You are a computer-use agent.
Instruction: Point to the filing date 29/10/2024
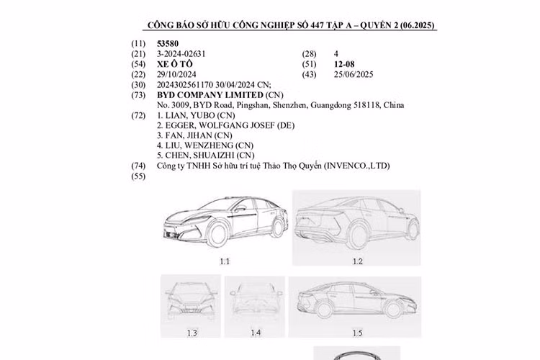(x=177, y=74)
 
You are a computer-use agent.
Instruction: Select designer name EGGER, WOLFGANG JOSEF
(x=217, y=125)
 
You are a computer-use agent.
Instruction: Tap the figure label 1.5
(x=357, y=333)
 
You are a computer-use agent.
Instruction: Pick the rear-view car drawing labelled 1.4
(x=255, y=299)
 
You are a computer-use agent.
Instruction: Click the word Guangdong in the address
(x=333, y=105)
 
